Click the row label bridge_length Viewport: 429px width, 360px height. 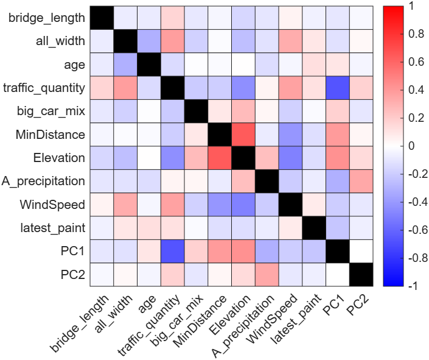tap(47, 18)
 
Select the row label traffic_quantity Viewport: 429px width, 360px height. tap(43, 88)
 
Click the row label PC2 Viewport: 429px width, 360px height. tap(72, 274)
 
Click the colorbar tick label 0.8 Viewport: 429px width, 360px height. tap(400, 34)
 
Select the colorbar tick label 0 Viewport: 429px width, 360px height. tap(395, 146)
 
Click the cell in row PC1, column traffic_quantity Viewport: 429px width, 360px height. tap(172, 251)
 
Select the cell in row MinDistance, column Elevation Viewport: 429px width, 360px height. tap(243, 134)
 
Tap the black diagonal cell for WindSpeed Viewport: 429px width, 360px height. tap(290, 204)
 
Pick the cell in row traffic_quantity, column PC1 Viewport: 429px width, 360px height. tap(337, 88)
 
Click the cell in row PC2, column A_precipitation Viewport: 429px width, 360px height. tap(267, 274)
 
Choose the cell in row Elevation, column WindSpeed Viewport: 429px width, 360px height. tap(290, 157)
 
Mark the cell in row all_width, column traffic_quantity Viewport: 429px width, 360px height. tap(172, 41)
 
